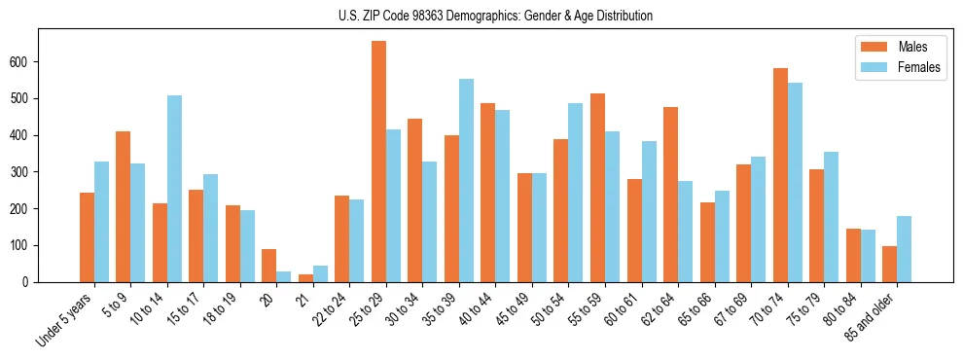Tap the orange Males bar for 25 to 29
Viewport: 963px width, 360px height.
coord(378,162)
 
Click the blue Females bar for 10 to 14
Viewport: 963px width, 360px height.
coord(174,189)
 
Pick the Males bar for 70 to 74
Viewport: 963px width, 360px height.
coord(780,175)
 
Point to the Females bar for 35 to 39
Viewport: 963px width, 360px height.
coord(466,181)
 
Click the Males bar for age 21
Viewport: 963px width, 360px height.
coord(305,278)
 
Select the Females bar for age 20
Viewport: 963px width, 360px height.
coord(283,276)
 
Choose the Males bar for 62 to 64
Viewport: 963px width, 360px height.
coord(670,195)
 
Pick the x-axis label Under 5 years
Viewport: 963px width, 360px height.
coord(66,320)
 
